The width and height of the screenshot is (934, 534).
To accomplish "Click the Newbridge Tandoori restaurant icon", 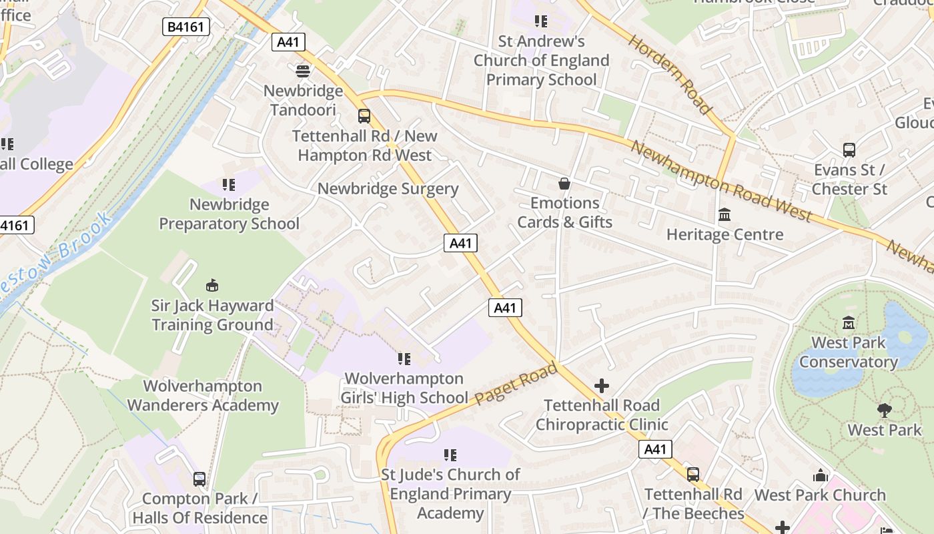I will pos(303,70).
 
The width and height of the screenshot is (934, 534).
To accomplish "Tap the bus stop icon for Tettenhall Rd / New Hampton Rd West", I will pos(364,116).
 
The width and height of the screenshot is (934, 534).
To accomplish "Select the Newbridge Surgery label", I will pos(388,189).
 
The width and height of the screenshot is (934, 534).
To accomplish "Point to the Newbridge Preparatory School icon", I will pos(229,184).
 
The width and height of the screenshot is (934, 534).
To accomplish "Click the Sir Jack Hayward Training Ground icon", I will pos(212,286).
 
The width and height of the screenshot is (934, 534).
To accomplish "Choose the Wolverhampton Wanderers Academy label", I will pos(203,396).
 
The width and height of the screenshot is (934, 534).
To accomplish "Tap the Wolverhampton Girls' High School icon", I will pos(404,359).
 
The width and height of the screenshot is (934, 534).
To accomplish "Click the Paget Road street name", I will pos(516,384).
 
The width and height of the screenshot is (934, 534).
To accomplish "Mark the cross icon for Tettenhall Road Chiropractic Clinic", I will pos(601,386).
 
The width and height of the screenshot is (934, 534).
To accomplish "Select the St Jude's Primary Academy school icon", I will pos(450,455).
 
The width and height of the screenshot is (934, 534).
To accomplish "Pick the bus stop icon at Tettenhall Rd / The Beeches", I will pos(693,475).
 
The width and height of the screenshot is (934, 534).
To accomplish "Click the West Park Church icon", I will pos(820,475).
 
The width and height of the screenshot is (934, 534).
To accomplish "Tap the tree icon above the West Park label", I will pos(884,411).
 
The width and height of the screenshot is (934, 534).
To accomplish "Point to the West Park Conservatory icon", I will pos(849,323).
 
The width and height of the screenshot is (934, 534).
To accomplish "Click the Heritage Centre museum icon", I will pos(725,215).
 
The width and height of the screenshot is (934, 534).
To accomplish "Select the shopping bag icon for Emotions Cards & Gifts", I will pos(564,184).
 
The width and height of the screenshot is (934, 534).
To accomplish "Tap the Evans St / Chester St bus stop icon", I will pos(849,150).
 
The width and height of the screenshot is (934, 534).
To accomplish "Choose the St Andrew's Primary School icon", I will pos(540,21).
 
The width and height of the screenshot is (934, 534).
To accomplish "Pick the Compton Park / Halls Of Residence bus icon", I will pos(199,479).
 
